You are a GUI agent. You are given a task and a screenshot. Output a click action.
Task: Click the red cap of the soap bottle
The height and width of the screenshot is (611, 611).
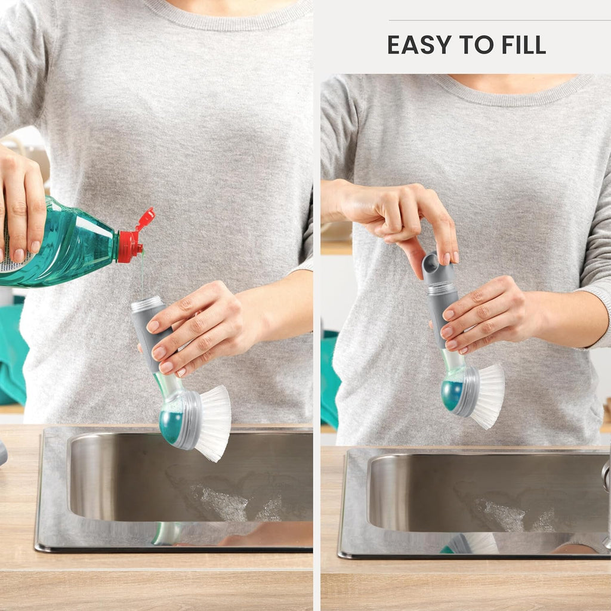[x=135, y=237]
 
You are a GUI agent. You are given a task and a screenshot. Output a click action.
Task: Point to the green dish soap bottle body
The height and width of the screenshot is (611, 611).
[x=58, y=245]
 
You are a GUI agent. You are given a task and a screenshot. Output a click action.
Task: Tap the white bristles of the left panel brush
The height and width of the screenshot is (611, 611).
[x=213, y=424]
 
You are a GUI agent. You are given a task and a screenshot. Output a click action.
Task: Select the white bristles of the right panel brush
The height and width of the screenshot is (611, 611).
[x=487, y=396]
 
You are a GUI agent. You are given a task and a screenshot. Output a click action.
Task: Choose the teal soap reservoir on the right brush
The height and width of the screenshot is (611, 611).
[x=451, y=395]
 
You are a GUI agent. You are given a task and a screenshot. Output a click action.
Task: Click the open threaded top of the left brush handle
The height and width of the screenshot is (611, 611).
[x=147, y=304]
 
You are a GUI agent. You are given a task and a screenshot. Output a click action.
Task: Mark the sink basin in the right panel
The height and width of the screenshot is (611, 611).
[x=487, y=493]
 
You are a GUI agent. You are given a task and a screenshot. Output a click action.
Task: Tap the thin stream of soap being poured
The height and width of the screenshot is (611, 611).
[x=143, y=273]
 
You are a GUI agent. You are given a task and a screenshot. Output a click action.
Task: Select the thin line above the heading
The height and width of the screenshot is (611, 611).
[x=500, y=20]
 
